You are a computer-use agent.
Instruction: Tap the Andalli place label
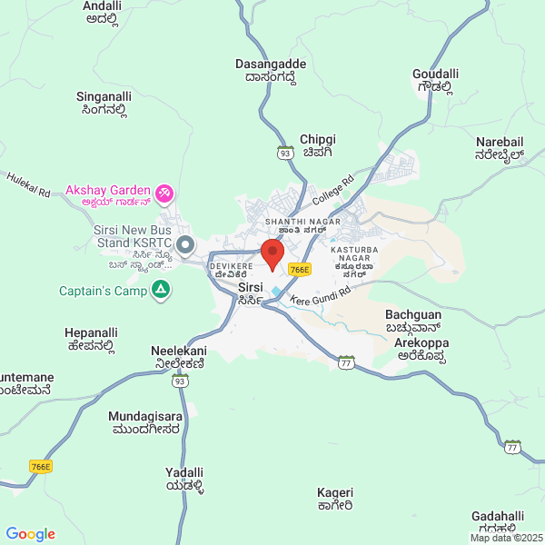(102, 10)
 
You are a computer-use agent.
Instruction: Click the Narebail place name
(500, 148)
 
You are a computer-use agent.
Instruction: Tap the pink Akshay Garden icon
(165, 193)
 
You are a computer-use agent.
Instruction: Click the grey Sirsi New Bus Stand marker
(185, 244)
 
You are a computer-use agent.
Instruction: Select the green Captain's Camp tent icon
(161, 291)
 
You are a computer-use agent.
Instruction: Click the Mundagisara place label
(145, 422)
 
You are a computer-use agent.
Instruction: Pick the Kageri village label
(334, 499)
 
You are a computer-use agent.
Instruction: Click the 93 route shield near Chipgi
(285, 153)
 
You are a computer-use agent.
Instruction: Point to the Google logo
(31, 534)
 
